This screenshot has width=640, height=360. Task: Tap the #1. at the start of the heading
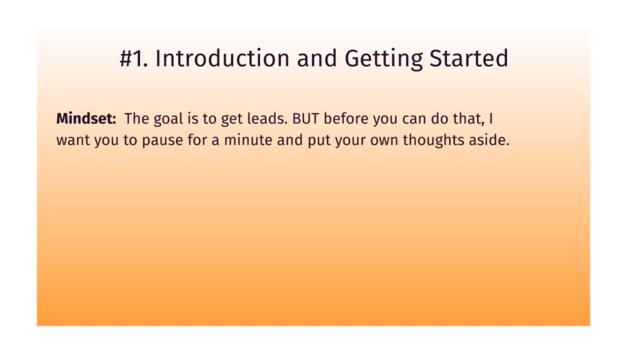133,59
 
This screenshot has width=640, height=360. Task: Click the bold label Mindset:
86,118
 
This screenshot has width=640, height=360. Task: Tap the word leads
266,118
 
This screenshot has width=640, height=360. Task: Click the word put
316,141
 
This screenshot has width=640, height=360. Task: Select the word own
383,141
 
